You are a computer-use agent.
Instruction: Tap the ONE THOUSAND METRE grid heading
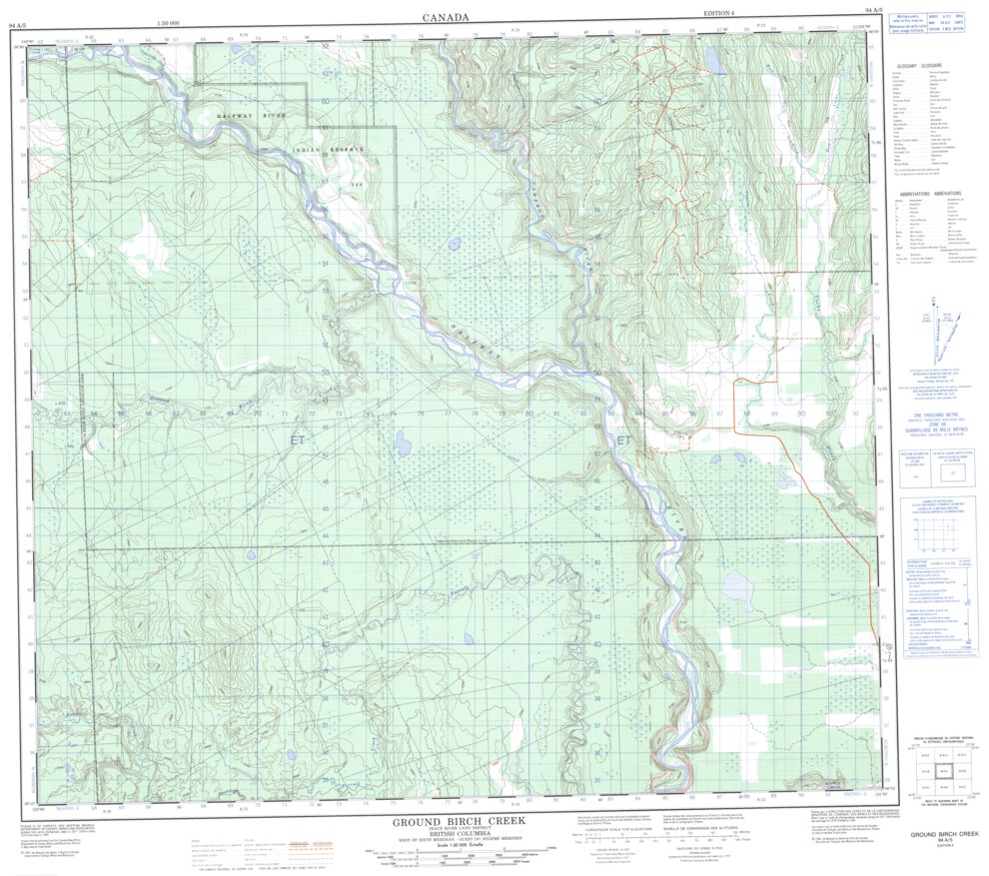tap(929, 413)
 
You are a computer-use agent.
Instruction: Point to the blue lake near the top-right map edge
tap(715, 62)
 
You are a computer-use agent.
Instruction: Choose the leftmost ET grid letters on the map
tap(298, 438)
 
